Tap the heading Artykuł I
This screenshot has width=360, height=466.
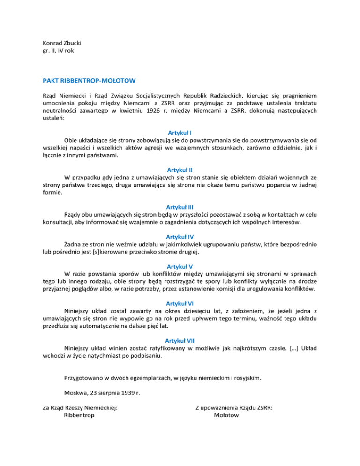coord(180,133)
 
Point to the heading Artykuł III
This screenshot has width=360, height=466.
coord(180,206)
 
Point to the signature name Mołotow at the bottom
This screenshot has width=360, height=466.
coord(226,414)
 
